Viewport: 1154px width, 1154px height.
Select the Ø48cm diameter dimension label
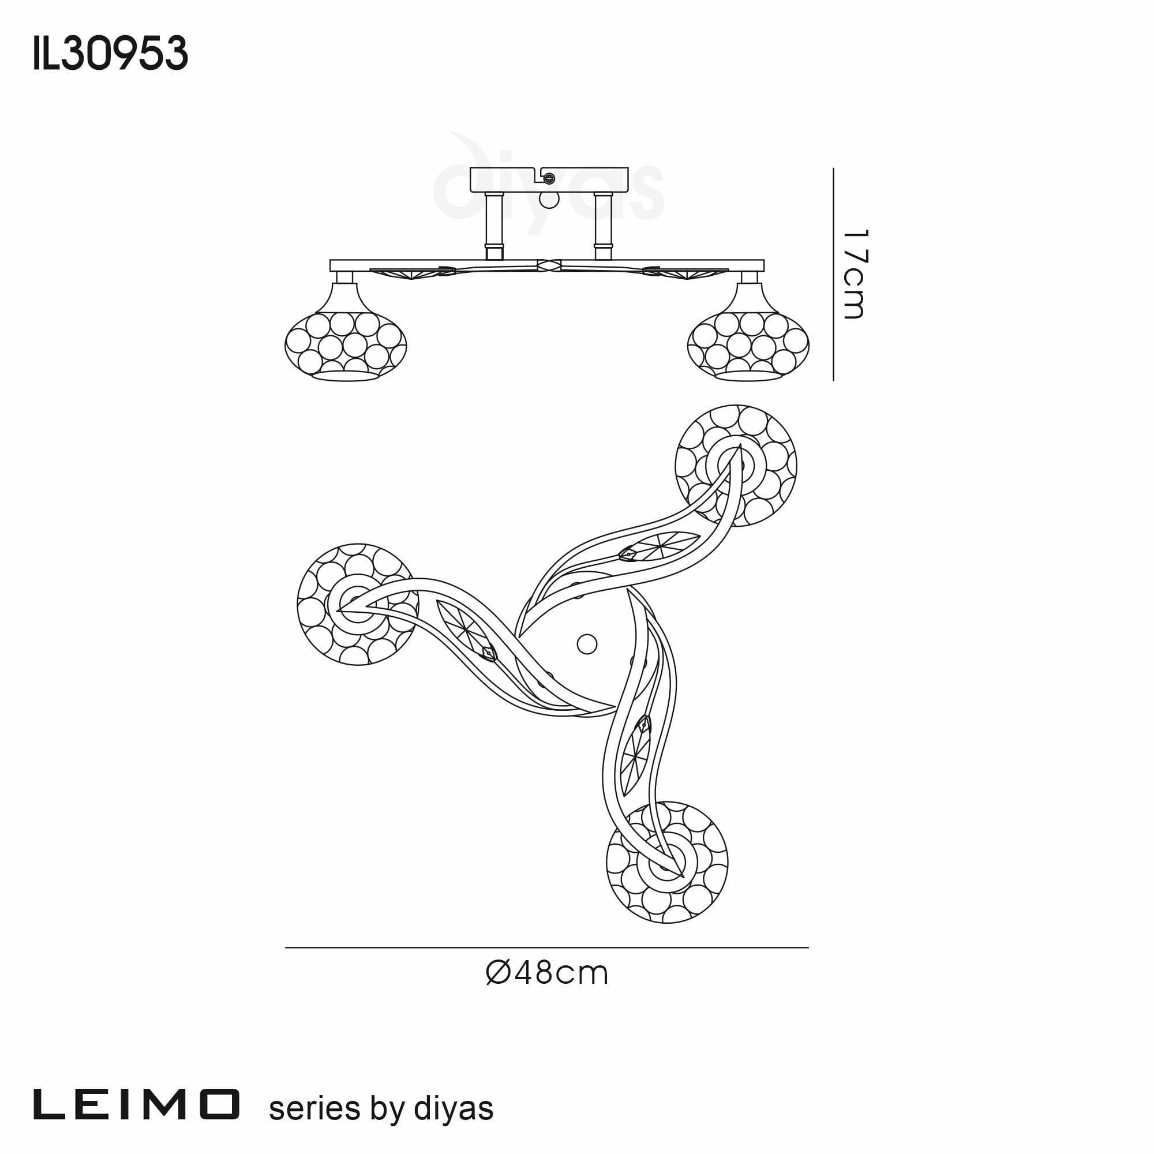point(547,973)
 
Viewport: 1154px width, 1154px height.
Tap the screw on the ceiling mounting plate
point(549,178)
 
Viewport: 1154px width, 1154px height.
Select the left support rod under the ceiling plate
point(494,226)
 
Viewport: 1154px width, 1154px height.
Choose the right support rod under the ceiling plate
point(604,226)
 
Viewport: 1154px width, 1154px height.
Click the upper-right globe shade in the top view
point(736,466)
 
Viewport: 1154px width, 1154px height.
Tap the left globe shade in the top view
point(358,605)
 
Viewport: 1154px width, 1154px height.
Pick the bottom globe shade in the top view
point(666,863)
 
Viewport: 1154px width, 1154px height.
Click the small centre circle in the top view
point(587,644)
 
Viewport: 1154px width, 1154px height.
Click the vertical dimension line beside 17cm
point(833,274)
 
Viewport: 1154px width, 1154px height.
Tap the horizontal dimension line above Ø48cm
point(546,947)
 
